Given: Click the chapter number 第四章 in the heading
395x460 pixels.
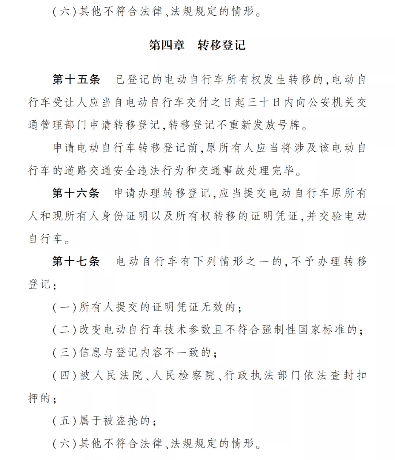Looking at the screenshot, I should tap(167, 45).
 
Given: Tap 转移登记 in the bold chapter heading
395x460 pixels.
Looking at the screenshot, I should tap(222, 45).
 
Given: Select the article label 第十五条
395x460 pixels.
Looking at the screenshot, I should tap(76, 79).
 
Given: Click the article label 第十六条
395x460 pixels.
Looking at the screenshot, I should tap(76, 193).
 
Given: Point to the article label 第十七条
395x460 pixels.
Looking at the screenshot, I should tap(76, 261).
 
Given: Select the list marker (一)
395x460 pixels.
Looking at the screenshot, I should tap(64, 307).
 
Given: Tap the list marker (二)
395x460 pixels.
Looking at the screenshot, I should tap(64, 330).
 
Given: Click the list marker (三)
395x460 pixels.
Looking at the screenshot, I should tap(64, 352).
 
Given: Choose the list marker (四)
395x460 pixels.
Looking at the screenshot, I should tap(64, 375).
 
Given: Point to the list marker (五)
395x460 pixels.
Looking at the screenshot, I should tap(64, 421).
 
